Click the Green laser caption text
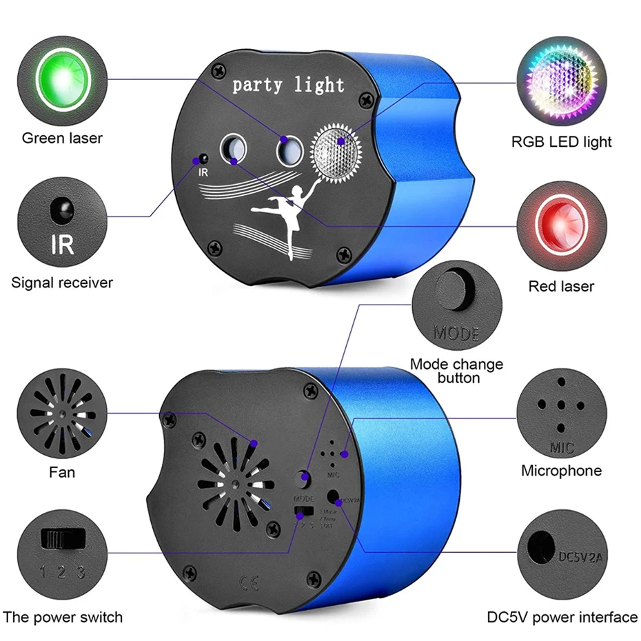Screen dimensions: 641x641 62,138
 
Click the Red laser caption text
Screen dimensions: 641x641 561,285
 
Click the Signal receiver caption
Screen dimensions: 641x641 62,282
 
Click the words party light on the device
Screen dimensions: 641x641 288,85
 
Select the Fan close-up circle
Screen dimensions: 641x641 62,418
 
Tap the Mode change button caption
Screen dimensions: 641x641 456,371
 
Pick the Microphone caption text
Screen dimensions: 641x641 561,471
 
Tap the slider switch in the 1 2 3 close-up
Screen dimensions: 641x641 59,538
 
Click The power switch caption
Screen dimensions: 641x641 63,617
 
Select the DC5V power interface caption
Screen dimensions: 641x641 562,617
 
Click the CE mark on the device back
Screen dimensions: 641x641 250,583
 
